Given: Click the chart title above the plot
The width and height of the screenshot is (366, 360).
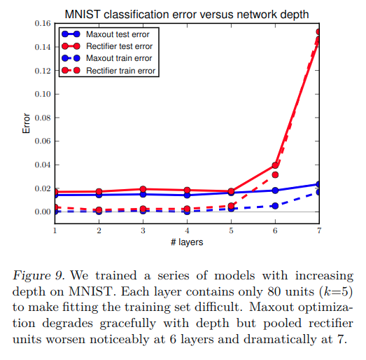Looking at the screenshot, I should pyautogui.click(x=187, y=13).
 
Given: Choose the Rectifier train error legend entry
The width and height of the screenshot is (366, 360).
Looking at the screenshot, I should pyautogui.click(x=121, y=71).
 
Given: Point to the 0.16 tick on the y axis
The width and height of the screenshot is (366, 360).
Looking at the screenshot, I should pyautogui.click(x=41, y=23).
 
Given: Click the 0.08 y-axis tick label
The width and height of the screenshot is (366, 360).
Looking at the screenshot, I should pyautogui.click(x=41, y=118).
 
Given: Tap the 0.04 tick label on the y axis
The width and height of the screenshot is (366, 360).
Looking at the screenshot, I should pyautogui.click(x=41, y=165).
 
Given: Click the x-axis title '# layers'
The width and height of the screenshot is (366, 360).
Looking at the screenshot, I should pyautogui.click(x=187, y=242).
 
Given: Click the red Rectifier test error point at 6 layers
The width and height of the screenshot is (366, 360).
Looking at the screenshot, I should pyautogui.click(x=275, y=165).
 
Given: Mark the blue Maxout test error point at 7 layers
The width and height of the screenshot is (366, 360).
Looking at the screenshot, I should pyautogui.click(x=319, y=184).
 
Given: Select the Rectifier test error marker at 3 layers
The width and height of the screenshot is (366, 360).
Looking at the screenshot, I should pyautogui.click(x=143, y=189).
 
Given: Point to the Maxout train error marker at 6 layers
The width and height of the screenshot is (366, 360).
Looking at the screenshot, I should pyautogui.click(x=275, y=205).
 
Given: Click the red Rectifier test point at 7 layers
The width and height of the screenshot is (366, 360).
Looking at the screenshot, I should pyautogui.click(x=319, y=32).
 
